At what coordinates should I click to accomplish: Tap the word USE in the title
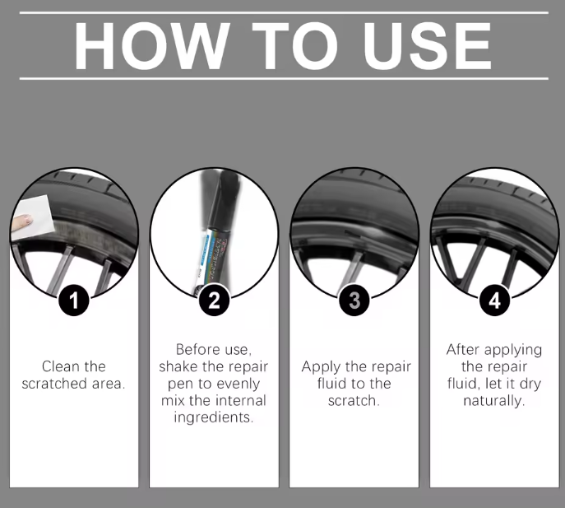click(x=428, y=46)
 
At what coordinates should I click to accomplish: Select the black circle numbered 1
click(x=74, y=301)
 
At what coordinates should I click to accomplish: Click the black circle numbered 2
click(x=214, y=301)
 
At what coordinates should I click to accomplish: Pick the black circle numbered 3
click(x=354, y=301)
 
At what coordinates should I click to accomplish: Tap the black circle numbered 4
click(x=495, y=301)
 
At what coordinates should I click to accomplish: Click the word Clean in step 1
click(x=59, y=366)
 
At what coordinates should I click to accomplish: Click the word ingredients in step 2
click(x=214, y=417)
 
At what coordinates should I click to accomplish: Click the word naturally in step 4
click(x=494, y=401)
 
